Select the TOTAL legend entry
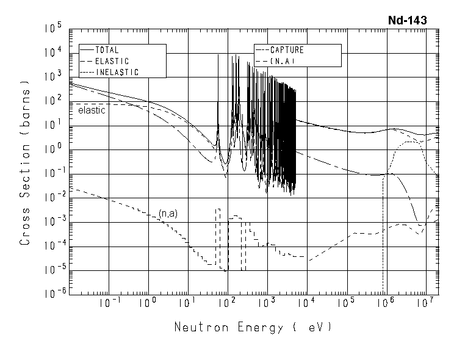[x=107, y=50]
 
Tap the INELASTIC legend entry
[x=117, y=72]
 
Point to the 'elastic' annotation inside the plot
[x=92, y=110]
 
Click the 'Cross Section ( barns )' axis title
[x=26, y=181]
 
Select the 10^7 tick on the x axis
[x=427, y=302]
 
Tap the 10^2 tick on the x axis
[x=228, y=302]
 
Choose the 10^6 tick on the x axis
[x=387, y=302]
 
